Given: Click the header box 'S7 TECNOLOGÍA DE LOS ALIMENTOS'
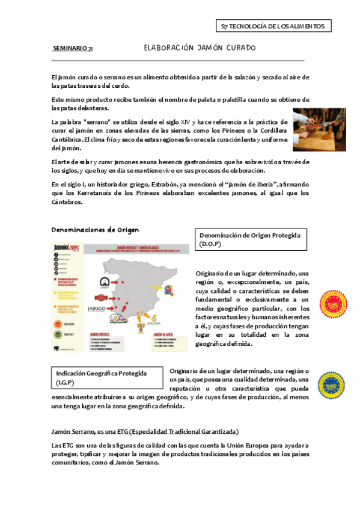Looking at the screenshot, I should coord(273,26).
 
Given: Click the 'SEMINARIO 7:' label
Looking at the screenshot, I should coord(73,48).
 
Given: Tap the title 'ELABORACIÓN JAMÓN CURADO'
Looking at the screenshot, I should coord(200,48).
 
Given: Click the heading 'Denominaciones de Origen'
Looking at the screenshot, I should coord(95,230).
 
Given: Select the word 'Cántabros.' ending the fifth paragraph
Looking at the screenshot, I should coord(68,202).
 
